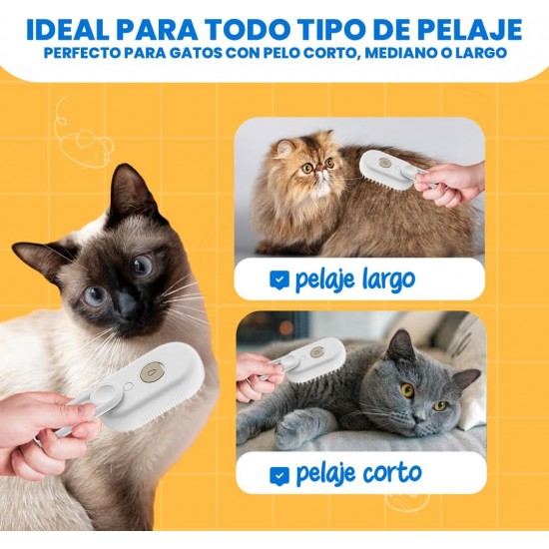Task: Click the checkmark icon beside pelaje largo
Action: coord(279,280)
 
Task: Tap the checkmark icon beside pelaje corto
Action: coord(279,475)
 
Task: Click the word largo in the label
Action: coord(388,280)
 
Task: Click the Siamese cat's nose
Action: coord(126,303)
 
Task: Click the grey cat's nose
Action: coord(421,417)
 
